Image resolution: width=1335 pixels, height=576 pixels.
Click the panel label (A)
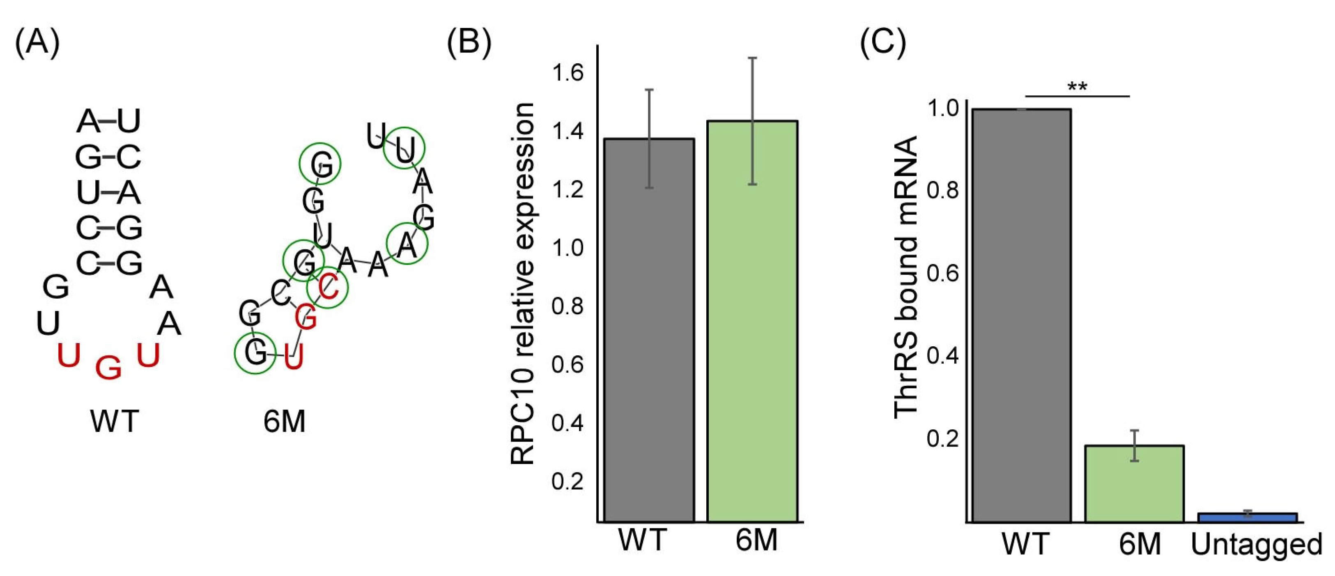tap(37, 42)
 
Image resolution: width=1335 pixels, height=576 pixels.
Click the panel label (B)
tap(469, 42)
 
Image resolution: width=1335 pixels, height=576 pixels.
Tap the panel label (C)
tap(882, 42)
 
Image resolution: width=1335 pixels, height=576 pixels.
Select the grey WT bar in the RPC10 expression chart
tap(649, 332)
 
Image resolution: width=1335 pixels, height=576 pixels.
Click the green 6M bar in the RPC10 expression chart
tap(752, 321)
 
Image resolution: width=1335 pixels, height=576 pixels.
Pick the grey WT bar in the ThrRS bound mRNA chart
tap(1021, 316)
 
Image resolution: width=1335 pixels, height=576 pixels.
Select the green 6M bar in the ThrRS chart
tap(1135, 485)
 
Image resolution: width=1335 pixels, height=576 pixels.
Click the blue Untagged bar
tap(1248, 517)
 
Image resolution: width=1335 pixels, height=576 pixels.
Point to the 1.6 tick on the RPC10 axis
tap(568, 73)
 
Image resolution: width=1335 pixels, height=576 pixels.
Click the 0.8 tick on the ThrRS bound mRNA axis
tap(942, 191)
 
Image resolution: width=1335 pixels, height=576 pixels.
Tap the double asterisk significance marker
tap(1077, 87)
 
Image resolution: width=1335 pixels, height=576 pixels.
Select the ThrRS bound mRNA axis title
tap(906, 277)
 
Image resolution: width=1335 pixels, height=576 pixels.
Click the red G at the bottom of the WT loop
tap(108, 368)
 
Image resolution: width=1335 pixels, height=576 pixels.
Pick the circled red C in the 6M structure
tap(328, 287)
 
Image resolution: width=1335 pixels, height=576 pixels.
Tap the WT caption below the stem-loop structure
tap(115, 421)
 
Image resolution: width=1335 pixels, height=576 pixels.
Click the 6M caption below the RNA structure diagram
tap(284, 421)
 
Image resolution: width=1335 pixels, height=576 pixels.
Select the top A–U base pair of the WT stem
tap(108, 121)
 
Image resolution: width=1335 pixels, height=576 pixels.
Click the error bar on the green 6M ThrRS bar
tap(1135, 446)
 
